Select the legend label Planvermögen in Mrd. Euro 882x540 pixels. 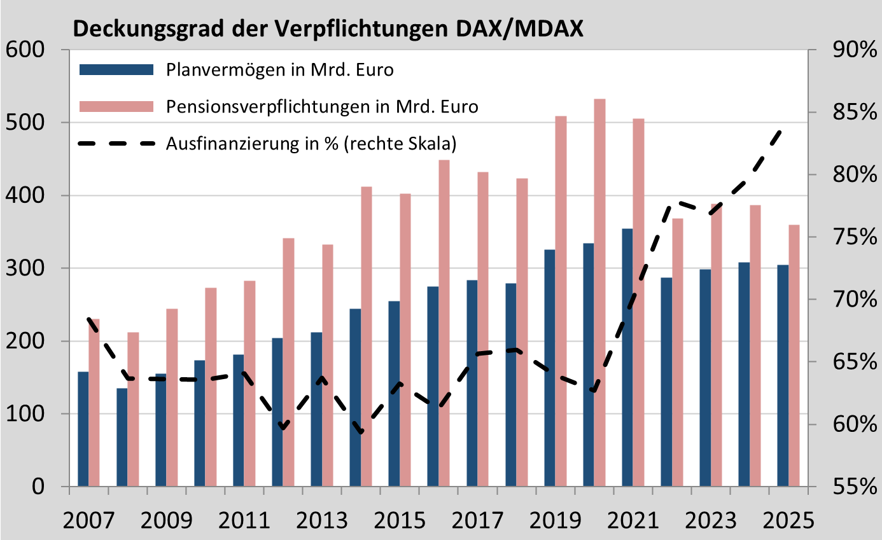[279, 69]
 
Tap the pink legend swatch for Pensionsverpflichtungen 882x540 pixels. [116, 106]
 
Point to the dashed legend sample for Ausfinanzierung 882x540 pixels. [116, 144]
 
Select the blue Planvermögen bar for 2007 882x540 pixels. [83, 429]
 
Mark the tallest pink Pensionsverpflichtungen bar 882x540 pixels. [599, 293]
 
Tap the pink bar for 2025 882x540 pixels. [794, 356]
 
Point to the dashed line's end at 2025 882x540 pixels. [780, 130]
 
